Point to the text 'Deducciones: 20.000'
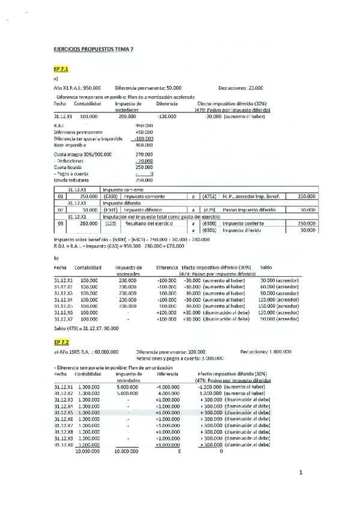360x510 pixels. [240, 88]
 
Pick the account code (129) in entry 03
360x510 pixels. [110, 223]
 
